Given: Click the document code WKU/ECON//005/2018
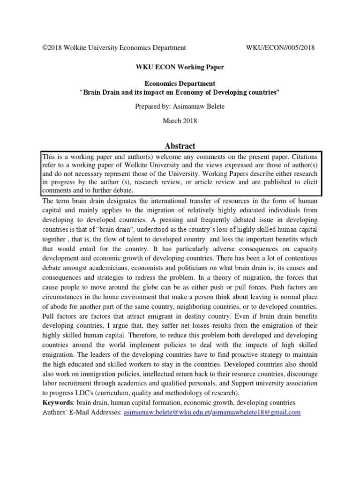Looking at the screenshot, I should point(280,47).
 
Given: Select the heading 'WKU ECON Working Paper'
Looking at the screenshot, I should point(180,67).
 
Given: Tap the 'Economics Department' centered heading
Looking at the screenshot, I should point(180,83).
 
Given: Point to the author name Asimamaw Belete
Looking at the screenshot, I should point(200,106).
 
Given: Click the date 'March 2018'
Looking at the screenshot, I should point(180,120).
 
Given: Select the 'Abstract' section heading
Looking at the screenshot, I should point(180,146).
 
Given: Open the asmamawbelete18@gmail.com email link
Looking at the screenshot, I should point(256,412).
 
